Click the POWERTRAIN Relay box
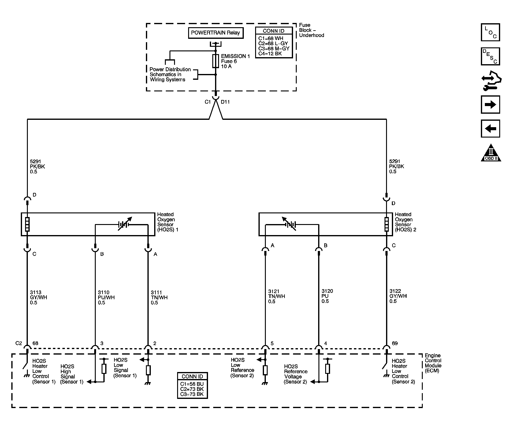216,33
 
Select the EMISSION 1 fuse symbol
215,61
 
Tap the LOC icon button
490,32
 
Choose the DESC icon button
490,56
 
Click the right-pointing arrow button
490,105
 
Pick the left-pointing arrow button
490,128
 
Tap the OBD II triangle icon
491,153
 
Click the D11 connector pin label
225,102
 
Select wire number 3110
104,292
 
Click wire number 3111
156,292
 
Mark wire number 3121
274,291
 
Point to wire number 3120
327,291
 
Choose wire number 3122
395,291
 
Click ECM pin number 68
35,343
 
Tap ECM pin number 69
395,343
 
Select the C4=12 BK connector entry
270,53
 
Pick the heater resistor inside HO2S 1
27,224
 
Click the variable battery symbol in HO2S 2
289,224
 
